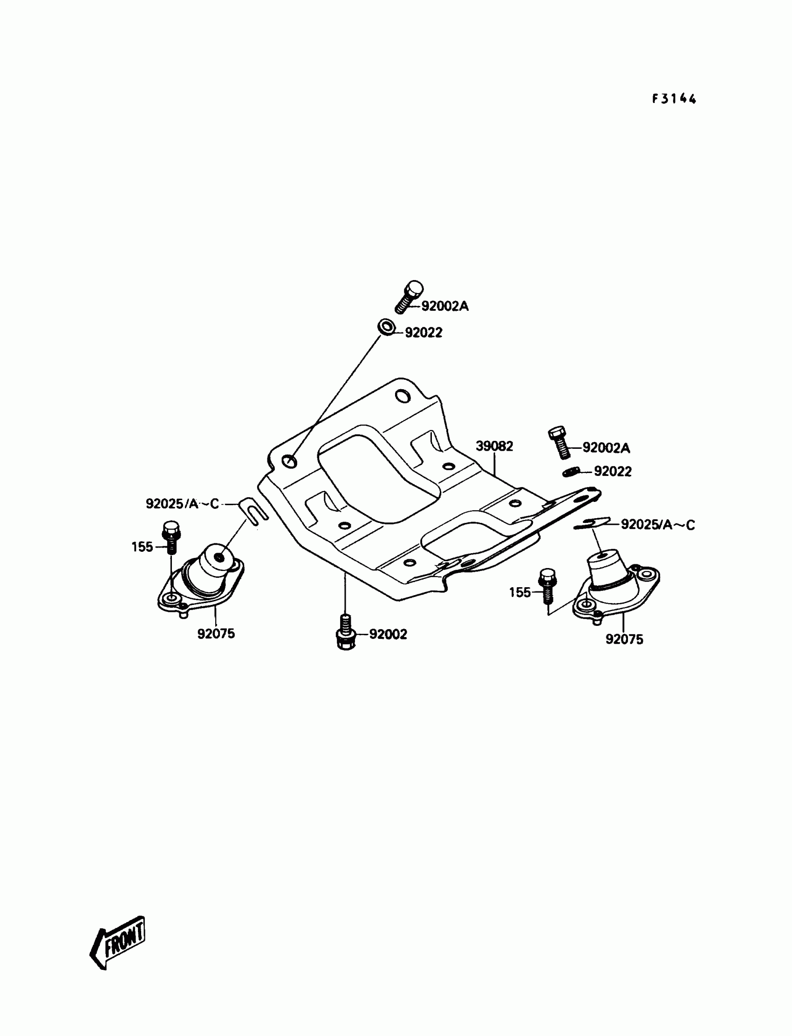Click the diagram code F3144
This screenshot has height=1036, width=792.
click(x=674, y=98)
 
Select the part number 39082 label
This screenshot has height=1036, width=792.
click(x=494, y=446)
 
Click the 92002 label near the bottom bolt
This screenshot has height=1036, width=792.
click(x=388, y=634)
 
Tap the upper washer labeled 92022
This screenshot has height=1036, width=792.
click(x=387, y=327)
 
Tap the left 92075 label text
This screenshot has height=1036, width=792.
click(x=216, y=634)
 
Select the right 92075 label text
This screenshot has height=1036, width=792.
click(x=624, y=639)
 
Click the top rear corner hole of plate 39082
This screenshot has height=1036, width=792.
click(x=403, y=396)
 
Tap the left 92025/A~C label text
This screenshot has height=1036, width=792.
click(x=183, y=504)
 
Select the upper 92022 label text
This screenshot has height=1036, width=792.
click(x=423, y=333)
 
